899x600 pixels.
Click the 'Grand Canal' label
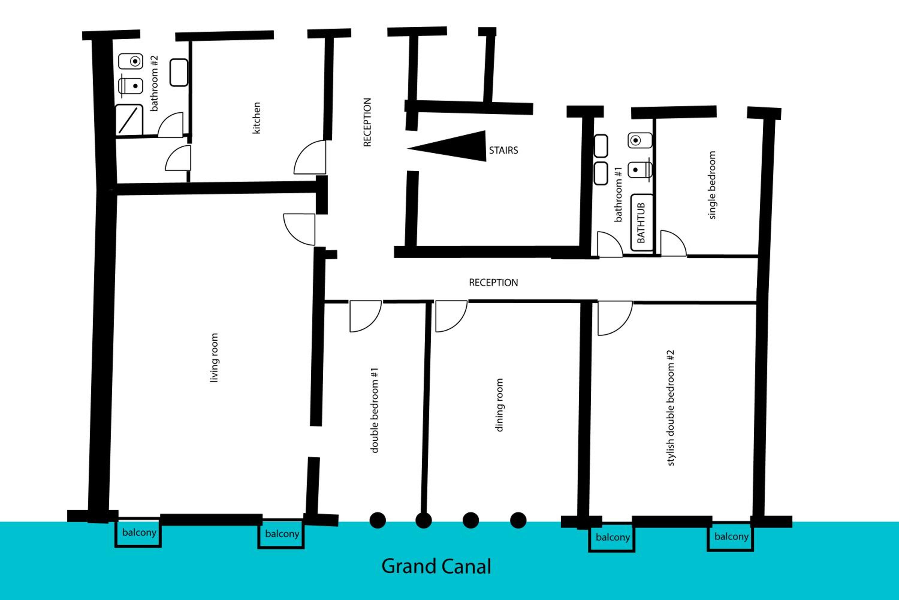pos(436,567)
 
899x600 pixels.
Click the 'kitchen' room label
pos(257,118)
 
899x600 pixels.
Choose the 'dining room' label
pos(499,405)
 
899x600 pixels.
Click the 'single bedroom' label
pos(712,185)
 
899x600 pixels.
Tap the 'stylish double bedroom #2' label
pos(670,408)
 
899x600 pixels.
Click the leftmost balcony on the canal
pos(138,532)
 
